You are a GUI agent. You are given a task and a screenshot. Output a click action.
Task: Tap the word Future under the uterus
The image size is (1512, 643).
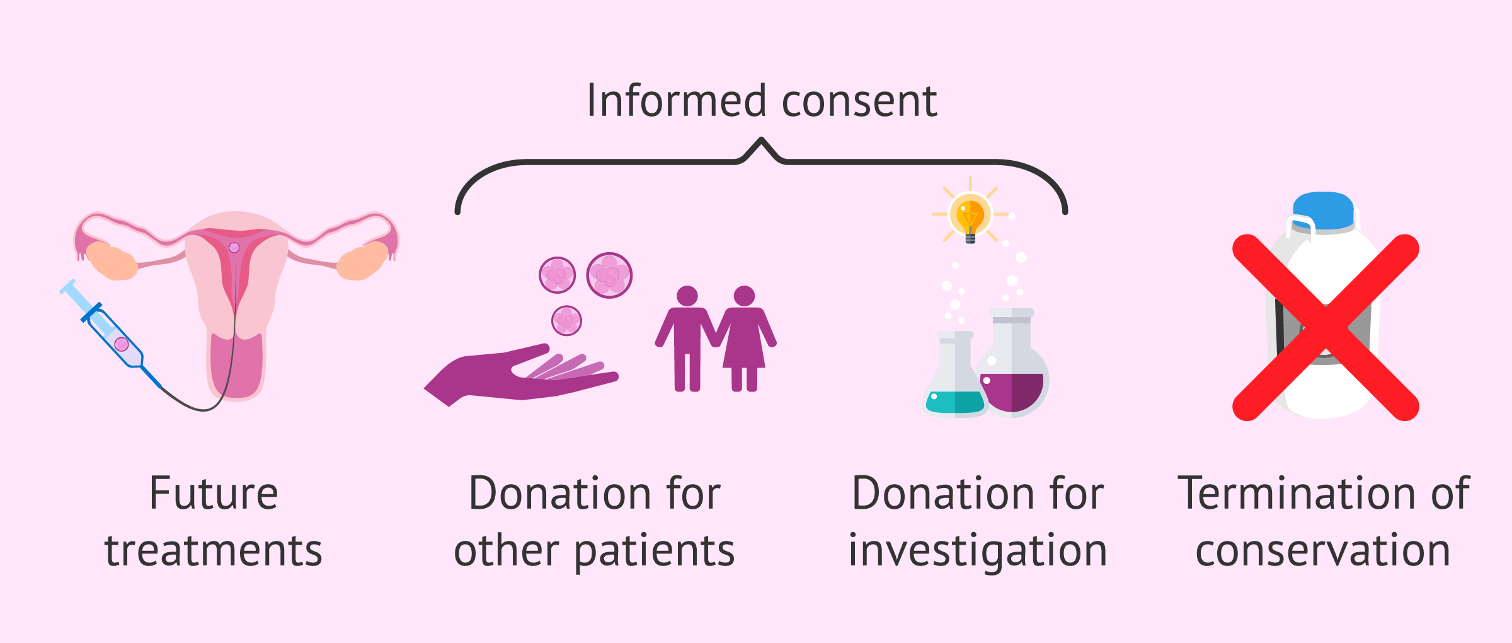tap(214, 494)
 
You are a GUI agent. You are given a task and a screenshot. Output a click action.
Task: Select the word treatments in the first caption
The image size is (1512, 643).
tap(214, 550)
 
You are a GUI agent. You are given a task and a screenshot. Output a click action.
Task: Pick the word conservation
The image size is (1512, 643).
tap(1323, 550)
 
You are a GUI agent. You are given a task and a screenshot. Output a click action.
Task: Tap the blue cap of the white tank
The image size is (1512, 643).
tap(1324, 211)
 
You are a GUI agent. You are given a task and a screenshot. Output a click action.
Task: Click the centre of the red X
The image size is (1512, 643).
tap(1326, 328)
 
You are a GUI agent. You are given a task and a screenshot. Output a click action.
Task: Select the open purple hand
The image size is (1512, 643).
tap(517, 375)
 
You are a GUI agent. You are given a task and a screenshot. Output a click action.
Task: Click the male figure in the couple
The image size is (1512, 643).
tap(687, 337)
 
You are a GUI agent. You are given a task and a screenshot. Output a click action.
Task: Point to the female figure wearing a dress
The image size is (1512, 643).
tap(744, 337)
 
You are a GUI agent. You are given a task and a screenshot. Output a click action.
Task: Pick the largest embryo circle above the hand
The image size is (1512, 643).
tap(609, 275)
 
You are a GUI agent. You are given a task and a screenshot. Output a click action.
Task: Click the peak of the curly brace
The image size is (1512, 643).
tap(762, 139)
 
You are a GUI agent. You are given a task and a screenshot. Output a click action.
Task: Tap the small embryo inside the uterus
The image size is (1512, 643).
tap(234, 248)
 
